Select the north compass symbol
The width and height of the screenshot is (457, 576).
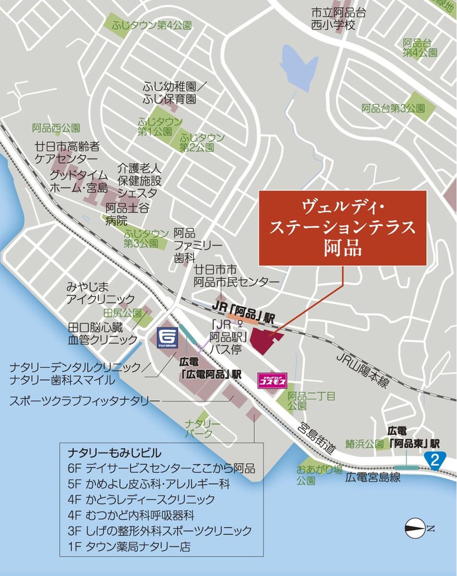(415, 528)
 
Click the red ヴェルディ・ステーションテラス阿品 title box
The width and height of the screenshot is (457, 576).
(342, 228)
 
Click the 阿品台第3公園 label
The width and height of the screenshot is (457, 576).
(393, 109)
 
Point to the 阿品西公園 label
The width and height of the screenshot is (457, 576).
(56, 128)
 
